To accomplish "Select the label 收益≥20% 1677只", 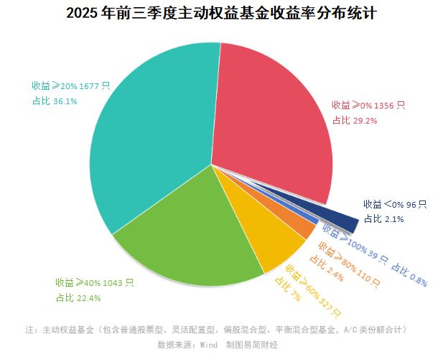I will pyautogui.click(x=70, y=86).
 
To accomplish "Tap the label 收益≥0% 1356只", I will pyautogui.click(x=368, y=105).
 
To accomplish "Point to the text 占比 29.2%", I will pyautogui.click(x=355, y=121).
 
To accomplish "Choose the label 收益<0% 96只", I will pyautogui.click(x=395, y=204).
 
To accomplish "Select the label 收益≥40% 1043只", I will pyautogui.click(x=94, y=282).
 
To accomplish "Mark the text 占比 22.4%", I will pyautogui.click(x=78, y=298).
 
